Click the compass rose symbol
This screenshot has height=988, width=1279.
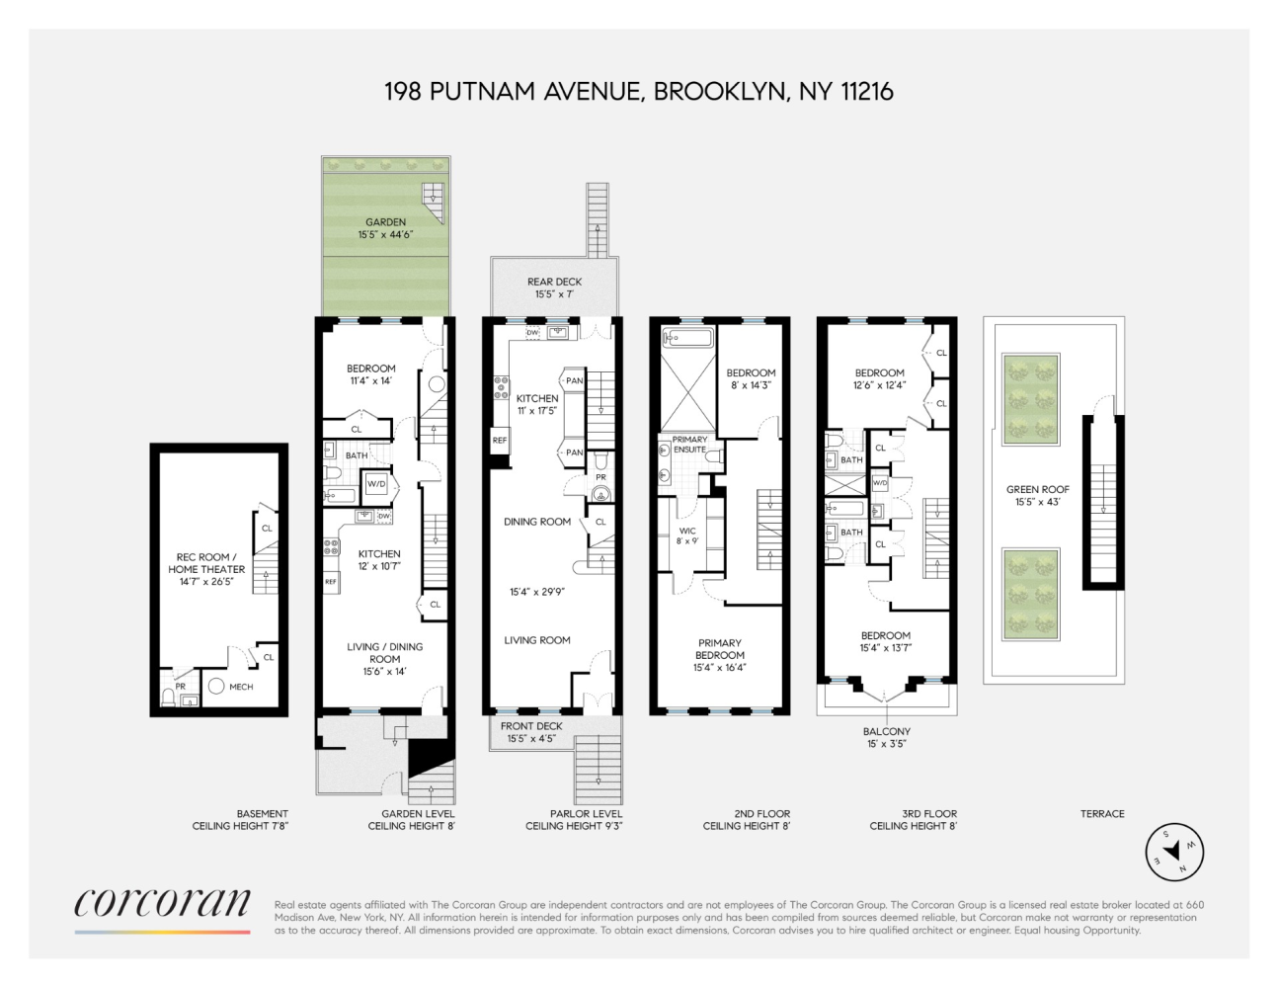[x=1173, y=851]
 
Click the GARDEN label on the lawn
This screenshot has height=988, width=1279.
[x=385, y=222]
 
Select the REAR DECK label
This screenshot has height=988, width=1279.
[x=554, y=282]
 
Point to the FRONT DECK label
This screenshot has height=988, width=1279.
[x=531, y=726]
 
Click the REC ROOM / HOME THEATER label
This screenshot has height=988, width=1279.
[x=205, y=563]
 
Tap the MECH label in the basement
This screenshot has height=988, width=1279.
[x=241, y=687]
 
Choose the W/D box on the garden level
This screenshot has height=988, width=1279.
[x=376, y=484]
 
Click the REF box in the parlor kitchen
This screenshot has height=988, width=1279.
[x=500, y=441]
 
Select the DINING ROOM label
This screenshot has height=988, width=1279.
[x=537, y=522]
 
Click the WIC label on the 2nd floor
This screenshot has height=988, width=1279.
[x=687, y=531]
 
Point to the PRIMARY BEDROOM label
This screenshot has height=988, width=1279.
[x=720, y=649]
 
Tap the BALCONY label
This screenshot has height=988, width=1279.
[x=886, y=732]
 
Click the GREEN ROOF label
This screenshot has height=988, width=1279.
[x=1038, y=489]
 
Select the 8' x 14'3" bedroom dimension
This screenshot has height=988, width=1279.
[x=752, y=385]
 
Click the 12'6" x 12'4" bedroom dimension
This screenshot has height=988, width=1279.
[x=879, y=385]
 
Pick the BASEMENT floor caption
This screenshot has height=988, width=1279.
[x=263, y=814]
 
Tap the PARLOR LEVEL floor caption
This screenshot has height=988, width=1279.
[x=587, y=814]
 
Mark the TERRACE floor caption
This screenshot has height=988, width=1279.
[x=1102, y=814]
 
